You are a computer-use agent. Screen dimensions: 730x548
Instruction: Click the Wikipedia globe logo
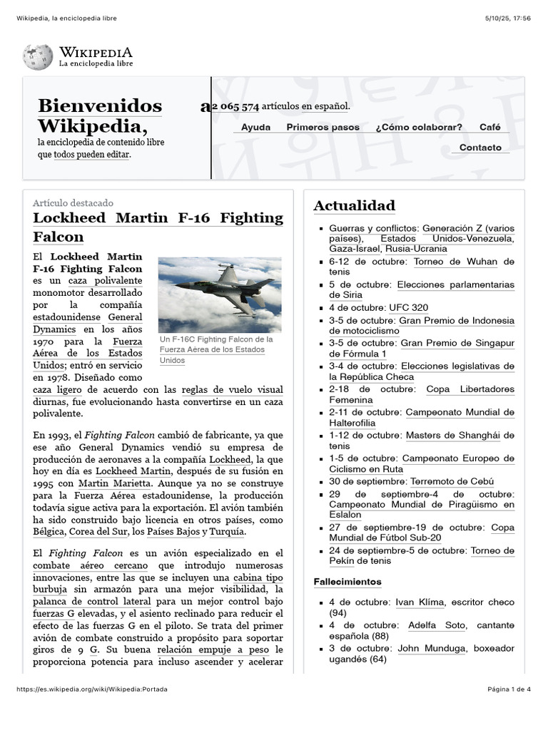(38, 57)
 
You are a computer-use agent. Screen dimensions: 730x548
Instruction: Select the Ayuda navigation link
(255, 128)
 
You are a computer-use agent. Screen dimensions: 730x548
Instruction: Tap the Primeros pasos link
(323, 128)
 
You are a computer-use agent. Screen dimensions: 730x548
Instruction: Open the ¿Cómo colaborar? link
(418, 128)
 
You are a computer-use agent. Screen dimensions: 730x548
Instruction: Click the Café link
(489, 128)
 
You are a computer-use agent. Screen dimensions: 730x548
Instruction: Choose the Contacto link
(480, 148)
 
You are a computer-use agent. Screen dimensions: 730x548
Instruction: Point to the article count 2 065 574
(235, 107)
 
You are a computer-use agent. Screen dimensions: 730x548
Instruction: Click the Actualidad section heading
(354, 206)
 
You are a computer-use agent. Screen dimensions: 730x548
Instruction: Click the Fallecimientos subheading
(347, 582)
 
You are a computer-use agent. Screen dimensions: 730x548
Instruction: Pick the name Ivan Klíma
(420, 602)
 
